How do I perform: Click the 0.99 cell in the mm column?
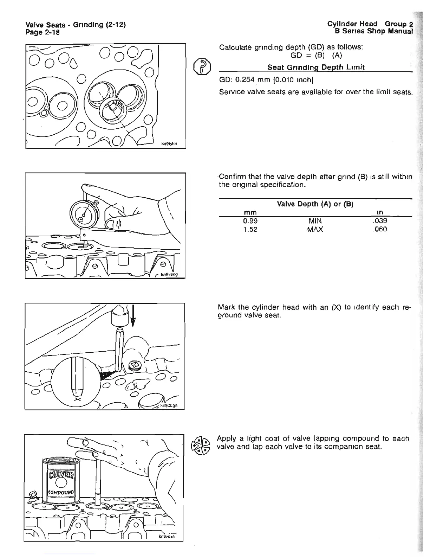[250, 221]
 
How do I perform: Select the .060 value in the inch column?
[380, 229]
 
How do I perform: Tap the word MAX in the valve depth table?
[315, 229]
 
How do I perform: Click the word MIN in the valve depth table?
[315, 221]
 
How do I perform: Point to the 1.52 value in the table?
[250, 229]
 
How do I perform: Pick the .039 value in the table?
[380, 221]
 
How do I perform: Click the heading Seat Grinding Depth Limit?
[316, 67]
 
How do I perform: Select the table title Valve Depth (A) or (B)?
[315, 204]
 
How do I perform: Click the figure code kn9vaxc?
[167, 537]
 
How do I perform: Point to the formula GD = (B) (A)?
[316, 56]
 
